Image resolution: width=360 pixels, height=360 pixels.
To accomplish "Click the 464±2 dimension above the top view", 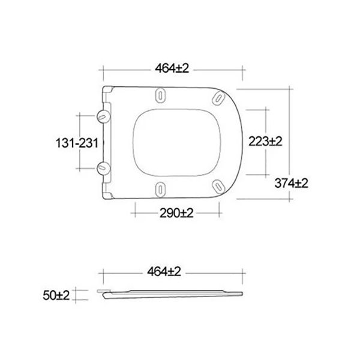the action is coord(172,68).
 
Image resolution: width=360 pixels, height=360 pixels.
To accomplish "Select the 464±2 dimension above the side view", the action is coord(164,272).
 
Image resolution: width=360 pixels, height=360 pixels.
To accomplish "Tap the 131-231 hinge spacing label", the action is coord(77,143).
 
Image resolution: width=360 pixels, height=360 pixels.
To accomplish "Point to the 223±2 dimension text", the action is coord(265,141).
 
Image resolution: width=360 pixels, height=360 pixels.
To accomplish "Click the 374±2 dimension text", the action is coord(292,183).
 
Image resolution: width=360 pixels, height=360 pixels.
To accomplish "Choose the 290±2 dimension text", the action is coord(176,213).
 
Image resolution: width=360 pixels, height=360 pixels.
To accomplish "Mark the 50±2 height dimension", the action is coord(56,295).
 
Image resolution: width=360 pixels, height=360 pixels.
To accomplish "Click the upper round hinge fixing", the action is coord(103,116).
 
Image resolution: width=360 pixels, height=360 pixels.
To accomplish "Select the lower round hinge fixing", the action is coord(103,168).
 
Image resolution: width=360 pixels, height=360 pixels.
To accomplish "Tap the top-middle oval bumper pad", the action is coord(160,96).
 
